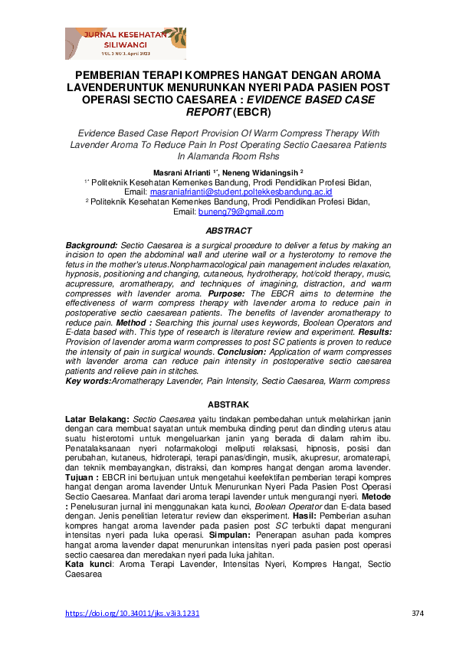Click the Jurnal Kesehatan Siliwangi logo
pos(125,44)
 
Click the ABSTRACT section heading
pos(228,231)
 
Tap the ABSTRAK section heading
pos(228,404)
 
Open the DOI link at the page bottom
pos(133,614)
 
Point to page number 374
pos(417,614)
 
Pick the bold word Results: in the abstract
pos(372,332)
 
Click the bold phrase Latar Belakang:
pos(97,419)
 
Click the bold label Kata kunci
pos(89,564)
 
